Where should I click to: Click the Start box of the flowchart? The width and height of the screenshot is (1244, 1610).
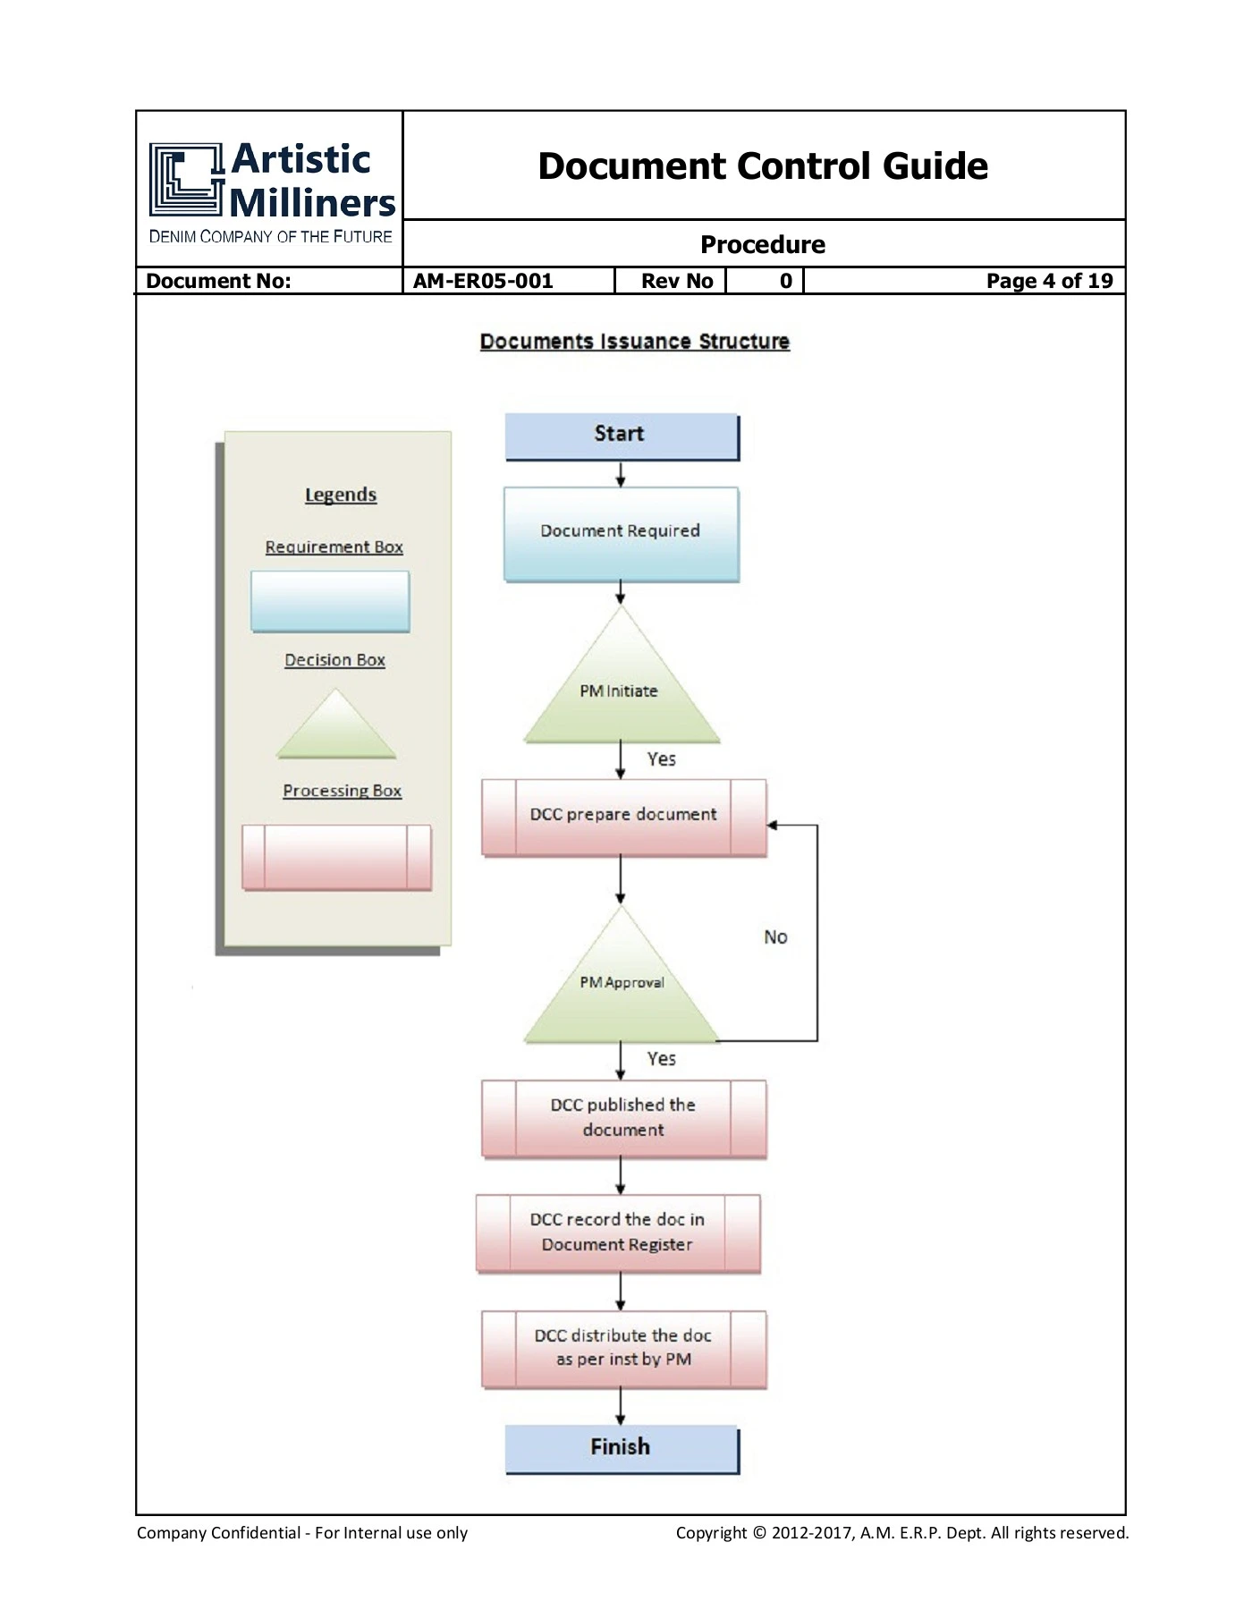(622, 437)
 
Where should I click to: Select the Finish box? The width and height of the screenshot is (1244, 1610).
(622, 1449)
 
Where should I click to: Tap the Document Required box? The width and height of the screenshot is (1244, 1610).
(622, 534)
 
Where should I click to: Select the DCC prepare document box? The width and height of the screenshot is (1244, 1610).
(624, 818)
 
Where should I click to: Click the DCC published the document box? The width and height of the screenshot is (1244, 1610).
(624, 1119)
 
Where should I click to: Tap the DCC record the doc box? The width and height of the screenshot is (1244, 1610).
(618, 1233)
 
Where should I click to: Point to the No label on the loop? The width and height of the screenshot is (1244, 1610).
(775, 936)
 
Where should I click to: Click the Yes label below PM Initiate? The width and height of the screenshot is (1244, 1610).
(662, 758)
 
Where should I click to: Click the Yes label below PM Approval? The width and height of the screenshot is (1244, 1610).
(662, 1058)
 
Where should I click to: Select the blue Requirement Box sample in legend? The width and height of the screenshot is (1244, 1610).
(330, 602)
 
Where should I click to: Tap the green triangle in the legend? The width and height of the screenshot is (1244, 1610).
(336, 726)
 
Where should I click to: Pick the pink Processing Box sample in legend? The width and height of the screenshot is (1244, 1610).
(336, 858)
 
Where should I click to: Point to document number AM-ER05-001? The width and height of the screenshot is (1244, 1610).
(483, 281)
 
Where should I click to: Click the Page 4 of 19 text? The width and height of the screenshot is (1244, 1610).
(1050, 281)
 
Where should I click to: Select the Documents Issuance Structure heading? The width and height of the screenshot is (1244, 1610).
(635, 342)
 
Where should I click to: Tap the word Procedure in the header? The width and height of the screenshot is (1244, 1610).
(763, 244)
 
